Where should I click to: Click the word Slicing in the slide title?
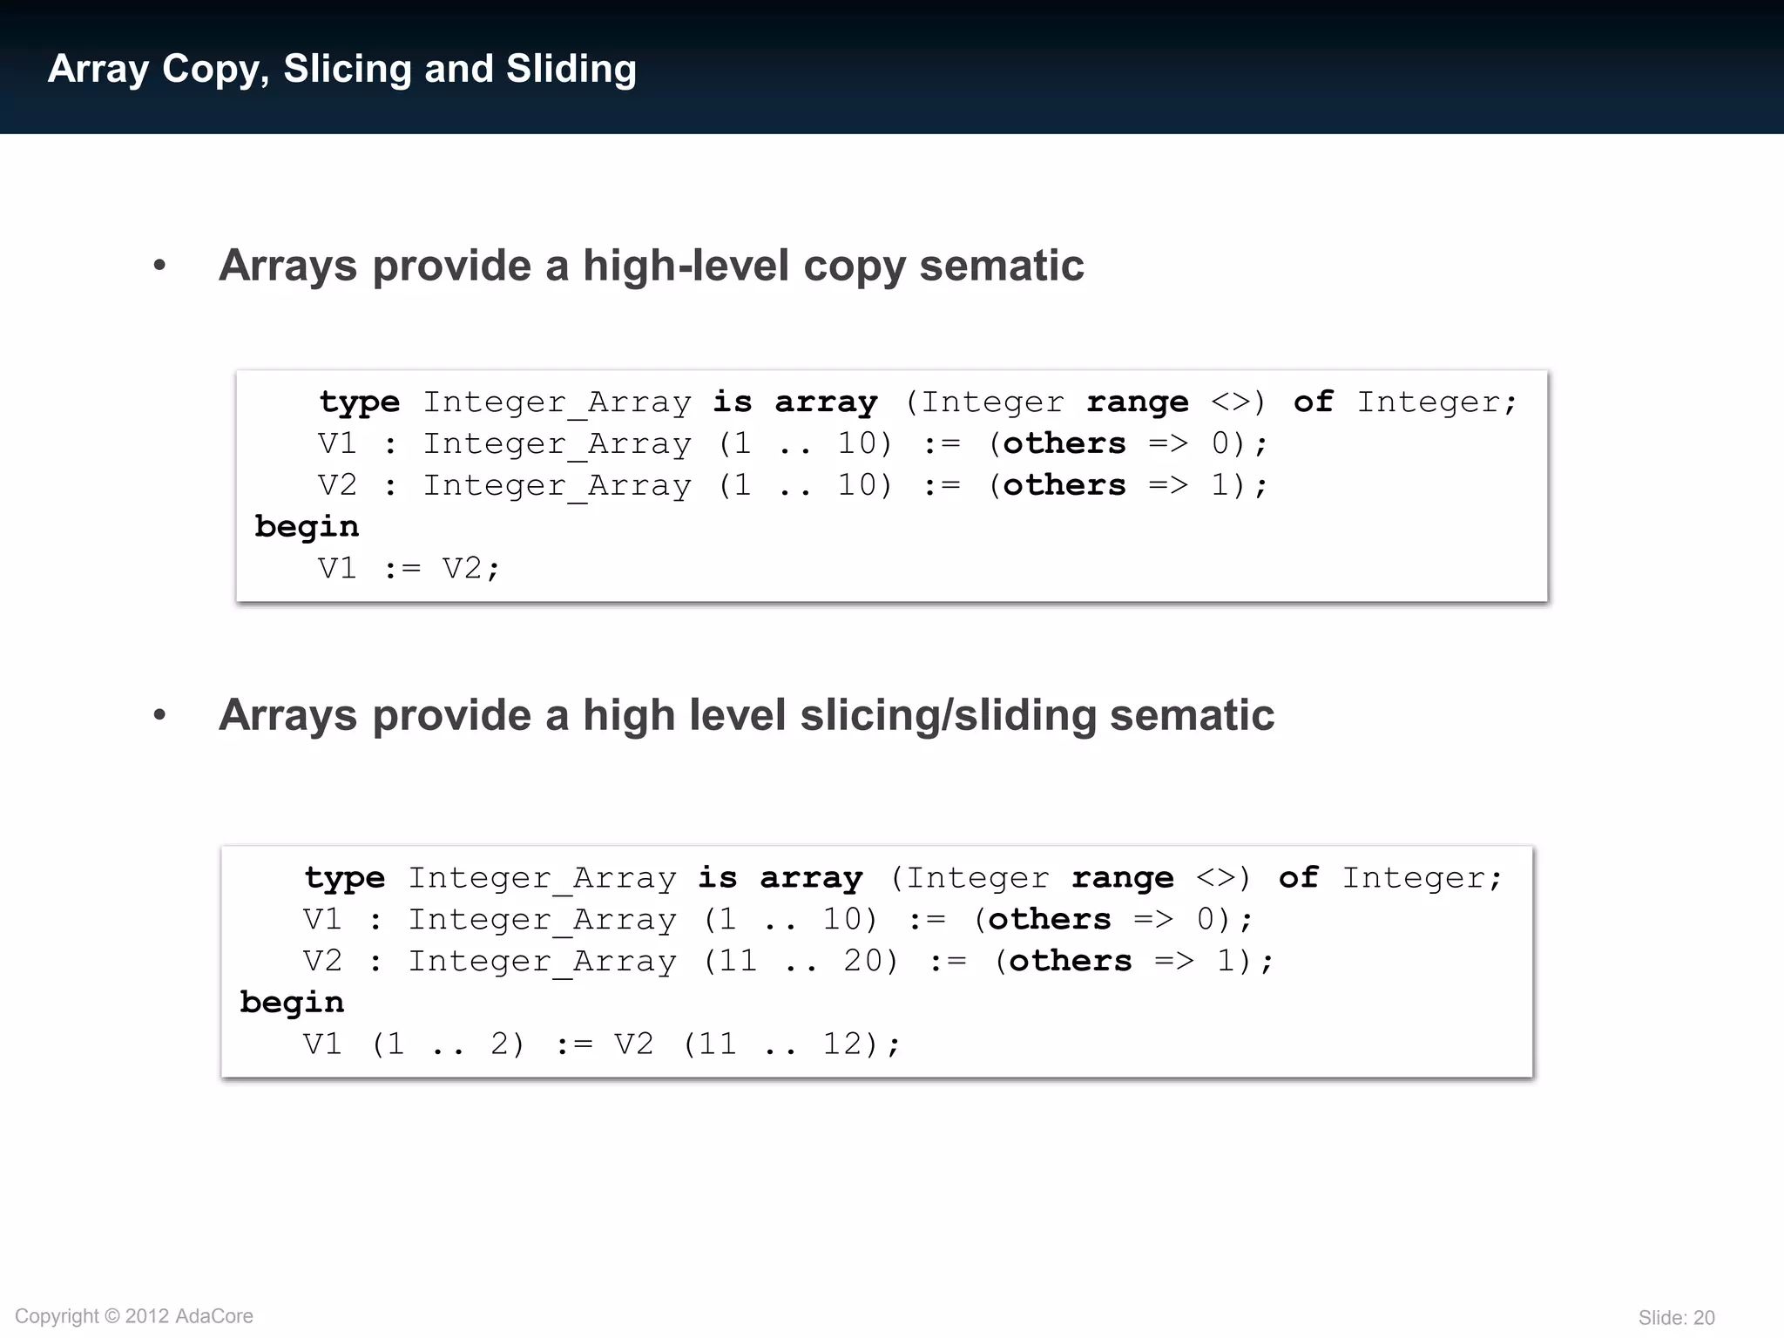click(347, 70)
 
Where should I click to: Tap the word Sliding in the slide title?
click(571, 70)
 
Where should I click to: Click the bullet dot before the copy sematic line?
click(159, 266)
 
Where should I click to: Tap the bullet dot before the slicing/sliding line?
click(159, 715)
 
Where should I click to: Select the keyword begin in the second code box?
click(292, 1003)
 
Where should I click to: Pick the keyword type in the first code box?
click(359, 403)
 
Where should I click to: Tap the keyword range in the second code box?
click(1123, 878)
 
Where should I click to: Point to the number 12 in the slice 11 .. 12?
click(843, 1044)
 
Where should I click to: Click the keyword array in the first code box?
click(826, 402)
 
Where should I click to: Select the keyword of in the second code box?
click(1298, 877)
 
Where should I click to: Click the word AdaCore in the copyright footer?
click(214, 1316)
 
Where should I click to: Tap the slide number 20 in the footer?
click(1704, 1318)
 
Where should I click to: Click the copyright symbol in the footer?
click(112, 1316)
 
